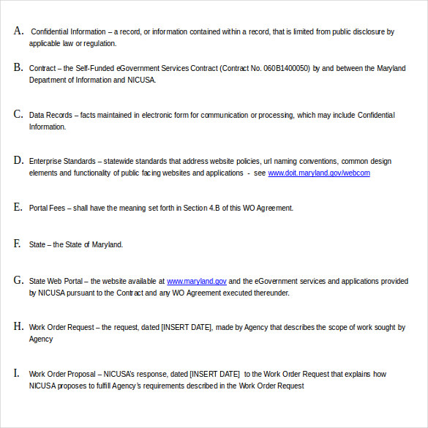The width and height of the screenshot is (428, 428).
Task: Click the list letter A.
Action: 18,31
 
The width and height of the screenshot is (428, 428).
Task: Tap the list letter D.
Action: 18,160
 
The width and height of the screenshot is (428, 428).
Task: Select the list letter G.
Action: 18,280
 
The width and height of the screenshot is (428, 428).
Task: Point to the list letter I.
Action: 17,373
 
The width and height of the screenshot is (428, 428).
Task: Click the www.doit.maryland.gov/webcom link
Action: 318,173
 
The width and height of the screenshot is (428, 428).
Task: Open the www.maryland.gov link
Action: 197,281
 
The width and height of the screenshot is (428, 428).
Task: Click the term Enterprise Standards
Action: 62,161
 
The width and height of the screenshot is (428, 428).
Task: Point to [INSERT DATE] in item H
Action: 187,327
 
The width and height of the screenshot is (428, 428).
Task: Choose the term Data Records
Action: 50,115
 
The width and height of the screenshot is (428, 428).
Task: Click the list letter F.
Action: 18,244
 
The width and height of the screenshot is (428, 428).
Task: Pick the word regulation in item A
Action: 100,44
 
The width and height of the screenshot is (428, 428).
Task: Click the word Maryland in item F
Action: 107,244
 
